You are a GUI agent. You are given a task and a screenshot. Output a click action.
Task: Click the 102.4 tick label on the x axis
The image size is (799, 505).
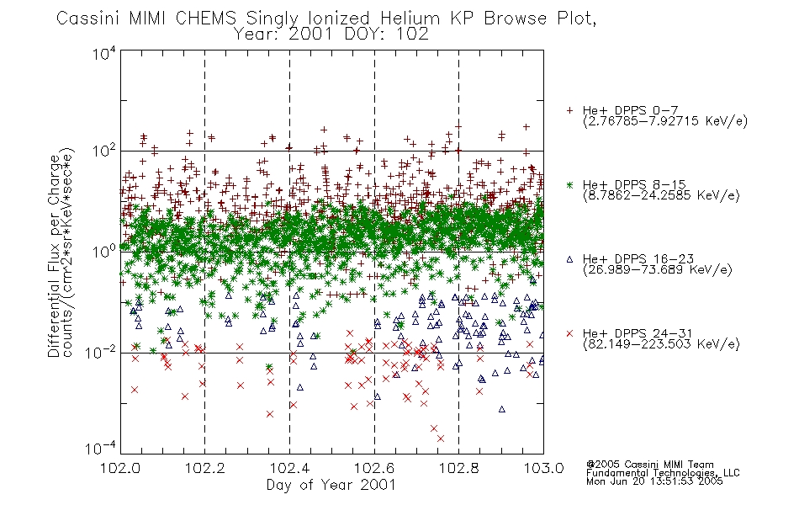tap(289, 468)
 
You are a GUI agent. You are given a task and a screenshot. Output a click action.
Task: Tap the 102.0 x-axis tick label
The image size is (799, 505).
tap(120, 468)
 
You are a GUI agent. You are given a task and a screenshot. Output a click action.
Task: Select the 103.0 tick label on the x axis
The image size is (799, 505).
tap(543, 468)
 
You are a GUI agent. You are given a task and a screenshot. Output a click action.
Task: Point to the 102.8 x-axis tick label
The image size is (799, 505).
tap(458, 468)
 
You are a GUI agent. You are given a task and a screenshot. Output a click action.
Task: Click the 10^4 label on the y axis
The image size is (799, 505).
tap(104, 53)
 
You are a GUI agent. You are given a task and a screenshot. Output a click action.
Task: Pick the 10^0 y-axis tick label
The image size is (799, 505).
tap(104, 251)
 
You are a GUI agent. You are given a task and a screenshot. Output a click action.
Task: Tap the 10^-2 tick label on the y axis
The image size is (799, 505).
tap(102, 352)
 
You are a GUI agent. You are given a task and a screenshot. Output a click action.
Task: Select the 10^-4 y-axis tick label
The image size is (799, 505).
tap(102, 448)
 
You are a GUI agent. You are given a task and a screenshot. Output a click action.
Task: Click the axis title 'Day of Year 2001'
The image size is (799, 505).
tap(331, 484)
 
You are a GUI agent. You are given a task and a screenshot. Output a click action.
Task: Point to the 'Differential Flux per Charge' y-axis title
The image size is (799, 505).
tap(54, 256)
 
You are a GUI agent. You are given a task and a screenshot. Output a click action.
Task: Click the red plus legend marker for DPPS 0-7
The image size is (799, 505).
tap(569, 110)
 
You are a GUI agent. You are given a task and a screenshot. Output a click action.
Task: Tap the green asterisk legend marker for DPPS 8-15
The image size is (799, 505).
tap(569, 184)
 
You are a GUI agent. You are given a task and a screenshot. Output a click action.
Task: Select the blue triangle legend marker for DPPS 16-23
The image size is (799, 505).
tap(569, 259)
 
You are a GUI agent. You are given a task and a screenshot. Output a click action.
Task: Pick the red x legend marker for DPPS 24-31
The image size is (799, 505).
tap(569, 333)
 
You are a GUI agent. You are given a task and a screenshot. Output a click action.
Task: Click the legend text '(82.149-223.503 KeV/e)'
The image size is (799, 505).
tap(661, 343)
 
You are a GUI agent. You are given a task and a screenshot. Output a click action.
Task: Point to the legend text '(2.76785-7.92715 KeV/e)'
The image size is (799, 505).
tap(665, 121)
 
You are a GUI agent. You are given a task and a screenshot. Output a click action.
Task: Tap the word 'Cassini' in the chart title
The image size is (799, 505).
tap(87, 19)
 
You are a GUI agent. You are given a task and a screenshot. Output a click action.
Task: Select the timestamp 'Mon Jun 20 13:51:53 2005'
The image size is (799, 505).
tap(654, 481)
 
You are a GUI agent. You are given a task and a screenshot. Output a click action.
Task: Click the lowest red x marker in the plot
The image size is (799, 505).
tap(441, 439)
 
